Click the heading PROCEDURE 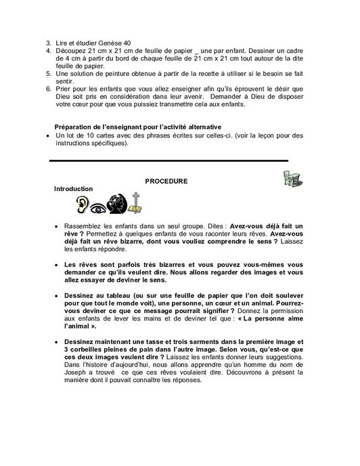pyautogui.click(x=166, y=181)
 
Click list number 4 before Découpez pyautogui.click(x=49, y=51)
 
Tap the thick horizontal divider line pyautogui.click(x=169, y=160)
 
